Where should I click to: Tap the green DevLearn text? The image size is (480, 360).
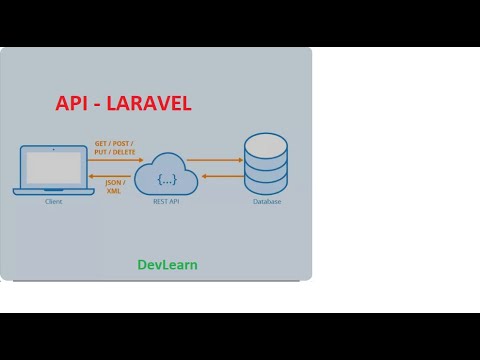tap(167, 265)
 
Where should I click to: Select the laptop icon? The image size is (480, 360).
tap(54, 169)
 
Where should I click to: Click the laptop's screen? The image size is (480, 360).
tap(54, 166)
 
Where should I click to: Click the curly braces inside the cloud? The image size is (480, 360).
tap(166, 179)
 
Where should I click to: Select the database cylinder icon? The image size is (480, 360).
tap(266, 163)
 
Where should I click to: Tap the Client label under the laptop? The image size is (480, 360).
tap(54, 202)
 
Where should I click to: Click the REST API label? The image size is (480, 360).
tap(166, 202)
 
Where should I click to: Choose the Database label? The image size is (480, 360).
tap(267, 202)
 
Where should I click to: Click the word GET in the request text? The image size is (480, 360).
tap(101, 144)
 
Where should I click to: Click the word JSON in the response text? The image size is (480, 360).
tap(113, 183)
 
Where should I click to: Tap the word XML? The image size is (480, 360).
tap(113, 191)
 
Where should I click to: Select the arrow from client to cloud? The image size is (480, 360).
tap(115, 160)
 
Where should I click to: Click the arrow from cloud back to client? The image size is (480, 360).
tap(115, 175)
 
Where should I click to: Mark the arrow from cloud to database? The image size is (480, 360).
tap(215, 160)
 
